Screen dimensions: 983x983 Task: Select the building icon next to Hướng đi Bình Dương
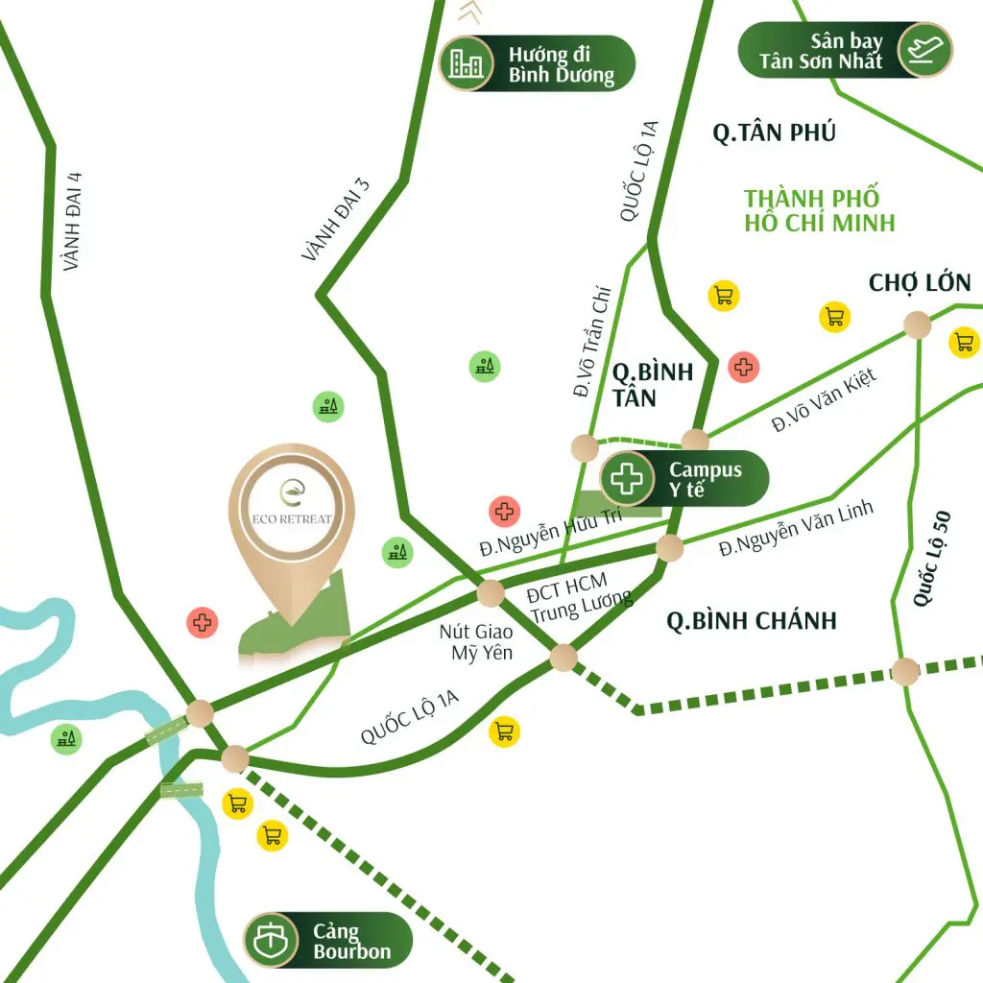[x=468, y=63]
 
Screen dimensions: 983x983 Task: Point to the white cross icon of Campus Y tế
[x=629, y=478]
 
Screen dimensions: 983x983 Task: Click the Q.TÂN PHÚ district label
[x=774, y=132]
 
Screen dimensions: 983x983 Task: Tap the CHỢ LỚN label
[x=919, y=283]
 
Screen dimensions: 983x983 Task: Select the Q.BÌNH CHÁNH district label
[x=752, y=621]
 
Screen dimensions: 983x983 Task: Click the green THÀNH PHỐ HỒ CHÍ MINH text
[x=819, y=210]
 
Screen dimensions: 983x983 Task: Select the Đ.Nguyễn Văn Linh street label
[x=797, y=529]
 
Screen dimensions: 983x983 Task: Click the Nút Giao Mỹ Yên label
[x=475, y=642]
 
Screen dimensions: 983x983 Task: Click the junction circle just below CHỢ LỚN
[x=917, y=324]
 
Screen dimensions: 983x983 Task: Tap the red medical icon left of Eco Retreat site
[x=202, y=622]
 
